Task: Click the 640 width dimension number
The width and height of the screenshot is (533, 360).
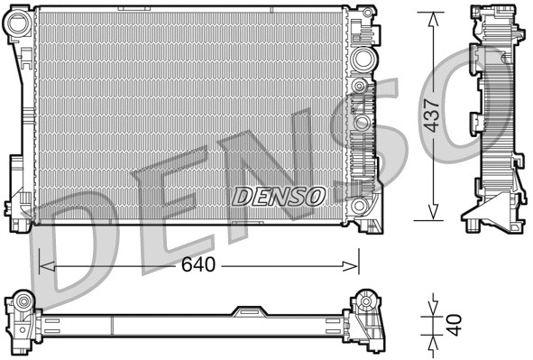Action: [x=199, y=265]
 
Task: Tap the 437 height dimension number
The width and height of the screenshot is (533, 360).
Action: [x=433, y=115]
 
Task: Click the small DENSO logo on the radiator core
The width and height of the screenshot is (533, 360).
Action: [x=279, y=195]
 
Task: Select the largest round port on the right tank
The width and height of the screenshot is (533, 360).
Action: [x=363, y=60]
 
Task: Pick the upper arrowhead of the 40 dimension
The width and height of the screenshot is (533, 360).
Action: [x=433, y=301]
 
